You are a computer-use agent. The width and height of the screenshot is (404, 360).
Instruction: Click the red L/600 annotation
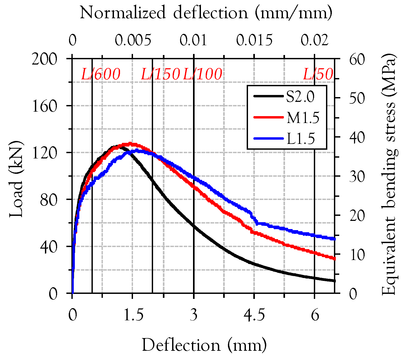[101, 74]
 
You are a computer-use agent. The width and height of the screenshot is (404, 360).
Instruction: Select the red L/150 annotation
[160, 74]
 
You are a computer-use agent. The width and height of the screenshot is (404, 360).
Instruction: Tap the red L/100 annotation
[203, 74]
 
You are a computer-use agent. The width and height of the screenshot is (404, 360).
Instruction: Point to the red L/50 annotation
[318, 74]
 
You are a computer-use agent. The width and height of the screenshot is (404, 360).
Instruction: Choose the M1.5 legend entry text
[303, 117]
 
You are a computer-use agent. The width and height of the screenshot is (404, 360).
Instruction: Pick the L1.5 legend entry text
[301, 138]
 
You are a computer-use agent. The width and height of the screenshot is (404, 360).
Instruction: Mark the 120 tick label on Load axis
[44, 153]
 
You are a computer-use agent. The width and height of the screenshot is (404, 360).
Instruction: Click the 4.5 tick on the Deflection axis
[254, 315]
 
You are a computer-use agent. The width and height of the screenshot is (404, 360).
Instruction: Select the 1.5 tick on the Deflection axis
[133, 315]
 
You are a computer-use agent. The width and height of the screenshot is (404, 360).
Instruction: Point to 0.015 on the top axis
[254, 40]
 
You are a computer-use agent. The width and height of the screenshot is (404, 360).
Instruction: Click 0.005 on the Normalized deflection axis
[133, 40]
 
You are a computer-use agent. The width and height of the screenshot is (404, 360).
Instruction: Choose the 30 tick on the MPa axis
[357, 176]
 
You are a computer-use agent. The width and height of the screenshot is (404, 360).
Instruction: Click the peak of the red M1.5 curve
[130, 144]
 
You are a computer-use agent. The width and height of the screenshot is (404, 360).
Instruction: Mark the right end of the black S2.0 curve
[334, 281]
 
